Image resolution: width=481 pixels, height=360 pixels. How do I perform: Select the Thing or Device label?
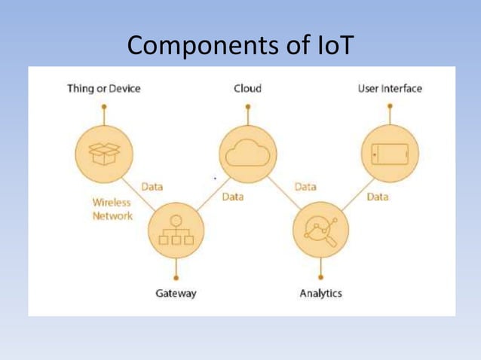104,88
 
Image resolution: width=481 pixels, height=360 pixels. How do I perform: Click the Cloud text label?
247,88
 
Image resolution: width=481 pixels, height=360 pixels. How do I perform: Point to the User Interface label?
390,88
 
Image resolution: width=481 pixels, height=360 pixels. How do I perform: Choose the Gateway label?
176,293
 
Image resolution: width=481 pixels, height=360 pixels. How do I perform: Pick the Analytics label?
320,293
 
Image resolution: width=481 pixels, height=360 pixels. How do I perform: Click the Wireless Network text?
112,209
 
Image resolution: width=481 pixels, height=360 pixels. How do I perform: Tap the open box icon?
103,154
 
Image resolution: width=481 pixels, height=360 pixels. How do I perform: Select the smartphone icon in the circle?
390,154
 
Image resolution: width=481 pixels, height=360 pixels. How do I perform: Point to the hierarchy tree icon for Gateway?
176,230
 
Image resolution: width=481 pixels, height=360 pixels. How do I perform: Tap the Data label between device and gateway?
152,186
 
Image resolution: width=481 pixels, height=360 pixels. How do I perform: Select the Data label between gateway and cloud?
233,197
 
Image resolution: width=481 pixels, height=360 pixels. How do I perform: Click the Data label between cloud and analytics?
305,186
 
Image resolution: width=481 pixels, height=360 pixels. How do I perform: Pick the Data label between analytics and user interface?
378,197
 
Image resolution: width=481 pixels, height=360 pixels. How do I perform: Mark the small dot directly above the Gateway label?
176,277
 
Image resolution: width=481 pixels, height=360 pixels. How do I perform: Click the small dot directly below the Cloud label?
247,106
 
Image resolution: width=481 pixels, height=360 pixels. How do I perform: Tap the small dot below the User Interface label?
390,106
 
